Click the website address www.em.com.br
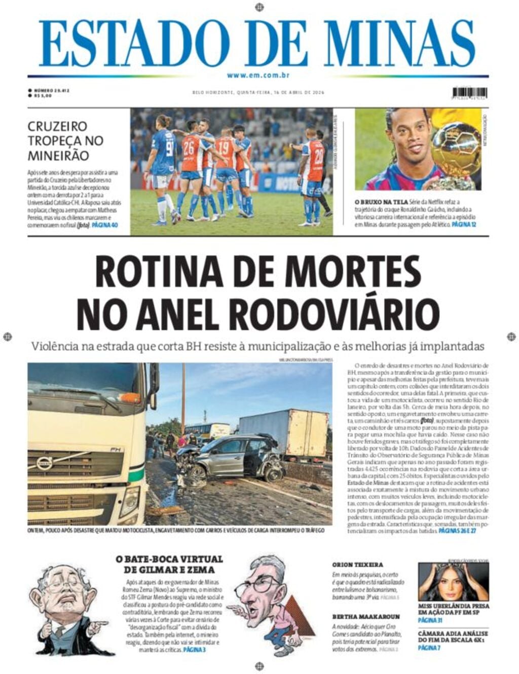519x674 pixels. click(258, 76)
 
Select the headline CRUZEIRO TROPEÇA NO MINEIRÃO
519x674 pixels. click(65, 140)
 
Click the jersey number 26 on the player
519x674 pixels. click(189, 148)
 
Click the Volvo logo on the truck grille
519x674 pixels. click(45, 463)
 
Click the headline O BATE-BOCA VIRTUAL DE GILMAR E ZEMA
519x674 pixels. click(169, 564)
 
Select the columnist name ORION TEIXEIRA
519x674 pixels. click(357, 564)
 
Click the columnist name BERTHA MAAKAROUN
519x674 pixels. click(366, 617)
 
